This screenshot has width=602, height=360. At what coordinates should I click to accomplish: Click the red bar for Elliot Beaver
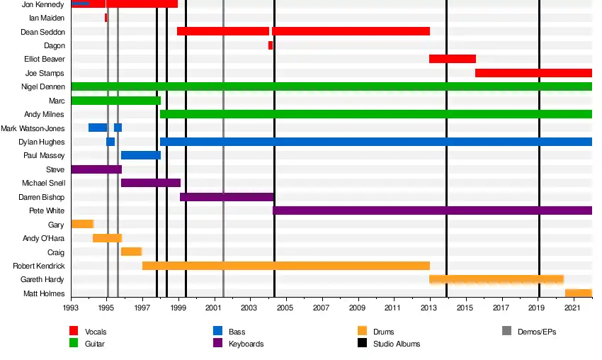[453, 59]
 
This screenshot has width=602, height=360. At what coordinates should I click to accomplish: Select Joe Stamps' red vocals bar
[533, 73]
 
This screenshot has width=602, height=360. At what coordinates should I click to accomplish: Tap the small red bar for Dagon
[271, 45]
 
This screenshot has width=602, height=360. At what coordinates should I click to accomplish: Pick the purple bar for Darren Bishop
[227, 197]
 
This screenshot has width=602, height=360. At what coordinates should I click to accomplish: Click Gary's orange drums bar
[83, 224]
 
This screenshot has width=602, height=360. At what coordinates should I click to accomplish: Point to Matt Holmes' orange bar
[578, 293]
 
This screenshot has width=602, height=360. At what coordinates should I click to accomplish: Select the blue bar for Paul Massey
[141, 155]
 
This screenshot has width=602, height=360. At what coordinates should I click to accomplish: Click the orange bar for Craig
[131, 252]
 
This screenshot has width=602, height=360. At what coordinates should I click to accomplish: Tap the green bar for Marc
[116, 101]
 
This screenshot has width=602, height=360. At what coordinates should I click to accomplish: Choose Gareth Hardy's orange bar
[496, 279]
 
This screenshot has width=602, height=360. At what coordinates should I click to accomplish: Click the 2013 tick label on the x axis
[428, 308]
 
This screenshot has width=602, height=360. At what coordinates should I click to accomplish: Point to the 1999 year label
[178, 308]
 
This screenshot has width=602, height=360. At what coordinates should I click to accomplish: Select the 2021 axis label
[572, 308]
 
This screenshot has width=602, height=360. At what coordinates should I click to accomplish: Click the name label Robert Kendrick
[39, 266]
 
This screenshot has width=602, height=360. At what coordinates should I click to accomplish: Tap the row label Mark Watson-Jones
[33, 128]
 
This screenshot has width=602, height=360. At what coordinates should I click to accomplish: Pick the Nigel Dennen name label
[43, 87]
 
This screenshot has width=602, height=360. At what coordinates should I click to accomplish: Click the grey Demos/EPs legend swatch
[506, 330]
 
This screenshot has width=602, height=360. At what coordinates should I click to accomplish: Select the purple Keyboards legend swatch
[217, 343]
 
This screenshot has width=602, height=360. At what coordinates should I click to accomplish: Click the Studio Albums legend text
[397, 344]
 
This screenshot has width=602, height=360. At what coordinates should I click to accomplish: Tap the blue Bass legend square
[217, 330]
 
